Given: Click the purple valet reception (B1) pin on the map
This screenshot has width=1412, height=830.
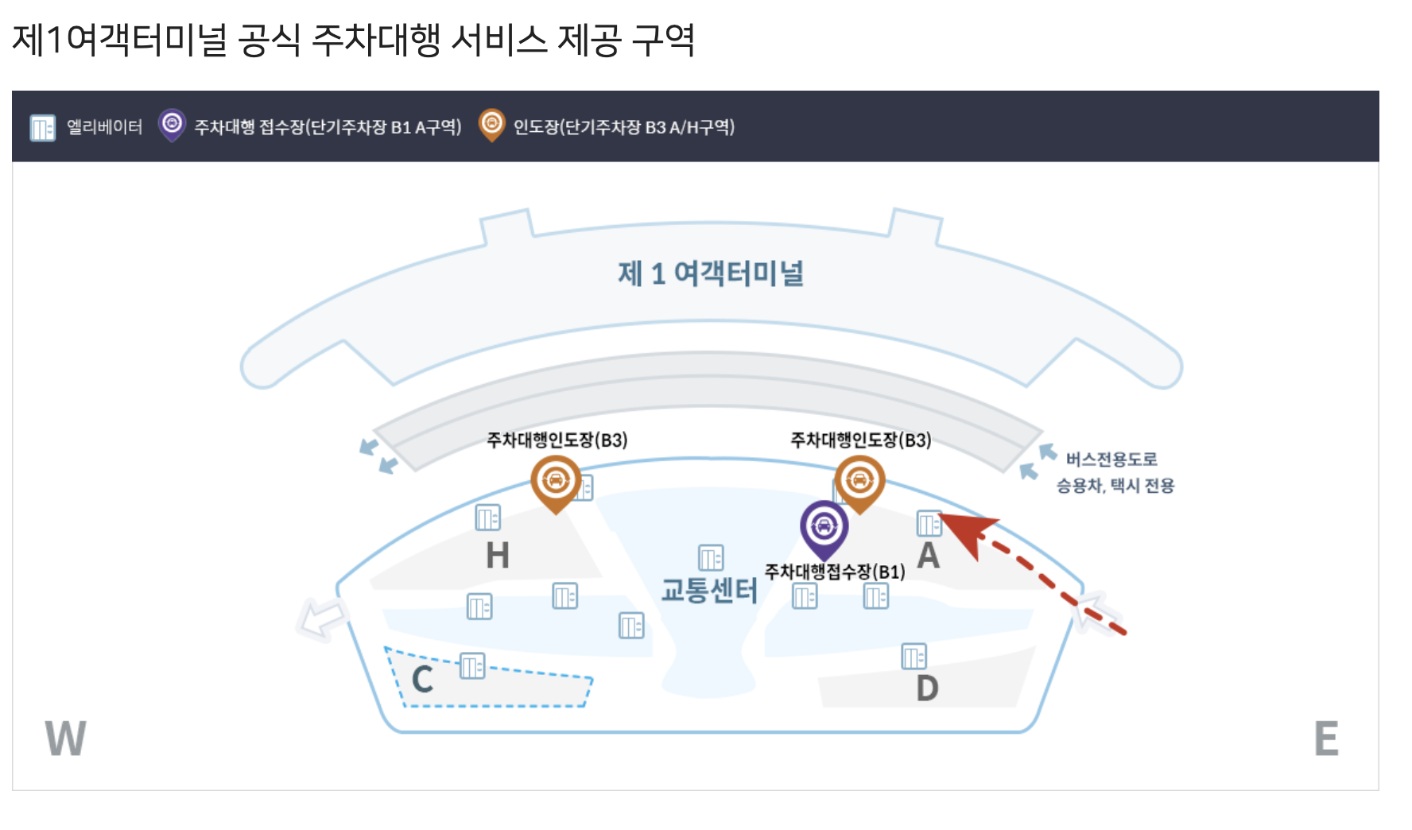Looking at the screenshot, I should (824, 526).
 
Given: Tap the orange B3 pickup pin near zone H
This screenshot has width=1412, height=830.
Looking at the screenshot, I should (556, 480).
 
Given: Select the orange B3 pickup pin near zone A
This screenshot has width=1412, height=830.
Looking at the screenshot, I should (859, 480).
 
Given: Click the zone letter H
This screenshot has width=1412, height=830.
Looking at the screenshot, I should (498, 555).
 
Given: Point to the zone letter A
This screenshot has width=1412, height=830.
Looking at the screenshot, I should (928, 556).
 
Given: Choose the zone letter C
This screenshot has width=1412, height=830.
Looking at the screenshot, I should (422, 680).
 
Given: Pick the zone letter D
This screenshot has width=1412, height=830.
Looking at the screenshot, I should (927, 688).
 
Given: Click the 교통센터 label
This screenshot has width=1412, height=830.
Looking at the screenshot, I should (709, 591).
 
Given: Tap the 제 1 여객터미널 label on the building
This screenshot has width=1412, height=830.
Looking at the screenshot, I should (711, 273).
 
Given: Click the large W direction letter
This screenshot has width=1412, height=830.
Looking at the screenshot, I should (65, 739).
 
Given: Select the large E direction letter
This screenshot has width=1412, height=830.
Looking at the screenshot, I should (1326, 739).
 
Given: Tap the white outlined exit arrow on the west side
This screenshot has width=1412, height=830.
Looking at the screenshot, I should (322, 619).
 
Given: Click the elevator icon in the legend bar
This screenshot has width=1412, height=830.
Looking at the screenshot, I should (42, 127).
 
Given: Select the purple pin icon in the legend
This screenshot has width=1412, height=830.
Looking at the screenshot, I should (172, 125).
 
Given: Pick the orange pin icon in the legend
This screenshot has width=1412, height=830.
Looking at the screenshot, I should (492, 125).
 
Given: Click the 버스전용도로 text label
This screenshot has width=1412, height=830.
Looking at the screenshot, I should (1111, 460).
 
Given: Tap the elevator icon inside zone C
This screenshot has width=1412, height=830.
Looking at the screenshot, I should (472, 665).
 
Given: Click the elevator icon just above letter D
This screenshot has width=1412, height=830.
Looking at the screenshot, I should (914, 657).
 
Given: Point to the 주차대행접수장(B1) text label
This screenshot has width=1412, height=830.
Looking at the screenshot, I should (835, 572).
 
